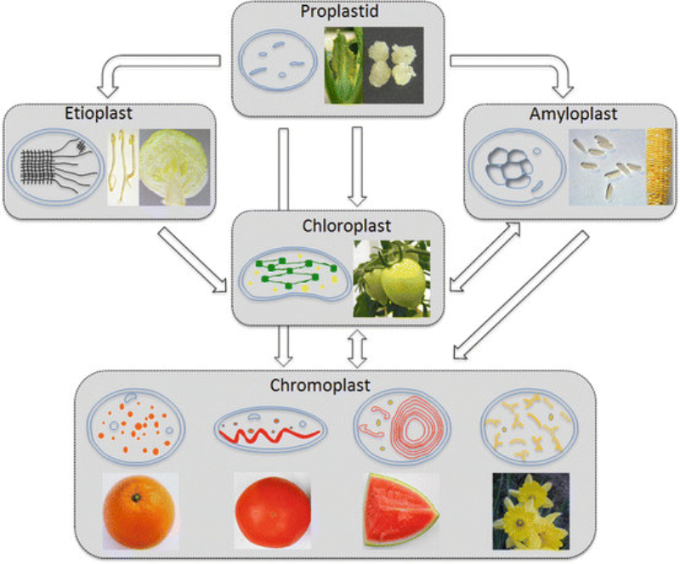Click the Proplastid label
[338, 12]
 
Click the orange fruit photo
[139, 510]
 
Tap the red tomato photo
[272, 511]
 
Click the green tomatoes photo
[391, 278]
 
